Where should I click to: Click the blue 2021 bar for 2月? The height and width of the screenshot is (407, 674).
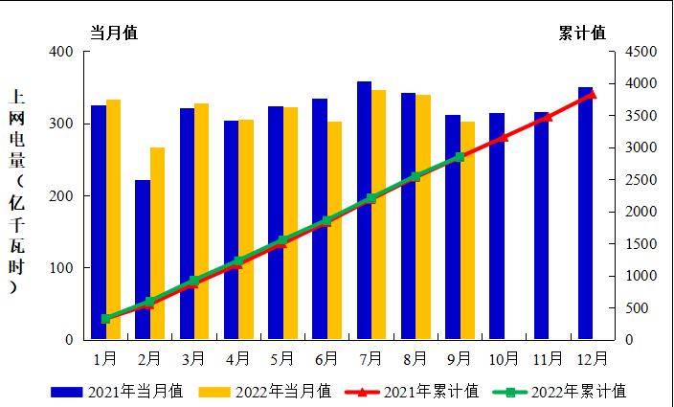click(x=143, y=260)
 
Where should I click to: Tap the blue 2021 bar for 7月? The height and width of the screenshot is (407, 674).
click(x=364, y=211)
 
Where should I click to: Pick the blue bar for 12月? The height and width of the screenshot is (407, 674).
click(x=585, y=214)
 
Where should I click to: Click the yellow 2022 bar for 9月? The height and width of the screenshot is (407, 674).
click(x=467, y=231)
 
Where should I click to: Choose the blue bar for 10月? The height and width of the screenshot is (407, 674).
click(x=496, y=226)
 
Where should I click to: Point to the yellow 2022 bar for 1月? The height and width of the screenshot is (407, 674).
click(x=113, y=219)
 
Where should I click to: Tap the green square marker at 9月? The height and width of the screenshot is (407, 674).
click(x=460, y=157)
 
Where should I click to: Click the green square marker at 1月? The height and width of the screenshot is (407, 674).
click(x=106, y=318)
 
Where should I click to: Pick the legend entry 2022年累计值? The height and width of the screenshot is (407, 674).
click(x=559, y=391)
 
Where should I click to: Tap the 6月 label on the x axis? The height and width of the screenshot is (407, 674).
click(x=326, y=359)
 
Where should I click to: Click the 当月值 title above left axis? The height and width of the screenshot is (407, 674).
click(x=114, y=33)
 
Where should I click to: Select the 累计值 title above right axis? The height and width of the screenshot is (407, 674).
click(x=582, y=33)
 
